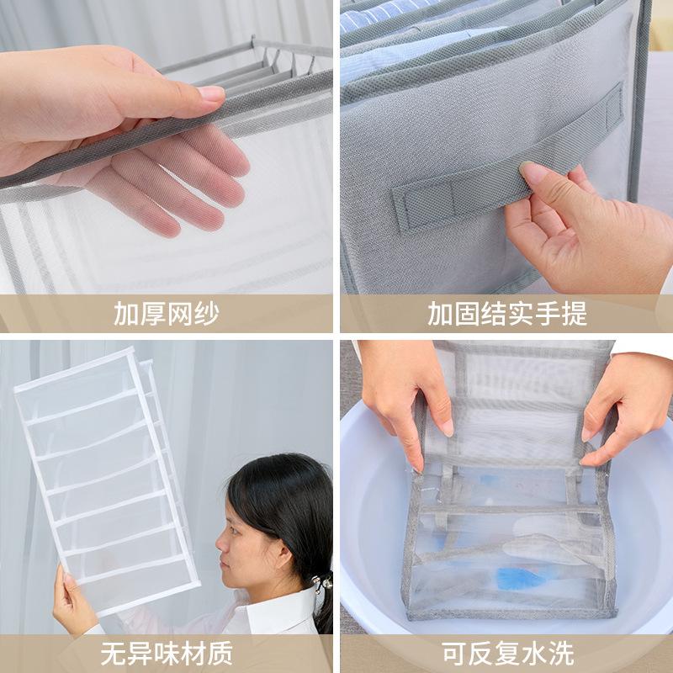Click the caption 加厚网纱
pos(167,314)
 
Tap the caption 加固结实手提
pos(506,314)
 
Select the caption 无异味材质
pos(167,653)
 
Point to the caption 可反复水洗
pos(506,653)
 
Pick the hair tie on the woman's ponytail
pos(323,581)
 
